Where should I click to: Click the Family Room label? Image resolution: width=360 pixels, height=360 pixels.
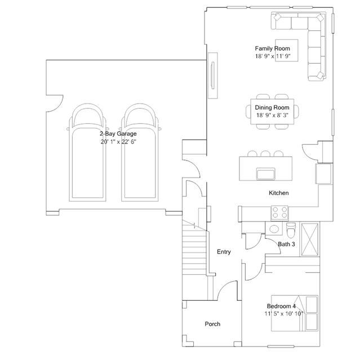tap(272, 48)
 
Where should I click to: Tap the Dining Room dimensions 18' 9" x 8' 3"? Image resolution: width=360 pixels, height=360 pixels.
tap(272, 115)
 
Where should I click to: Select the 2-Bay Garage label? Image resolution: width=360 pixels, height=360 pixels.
tap(118, 134)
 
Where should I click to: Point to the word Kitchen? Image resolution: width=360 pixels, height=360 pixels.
tap(279, 193)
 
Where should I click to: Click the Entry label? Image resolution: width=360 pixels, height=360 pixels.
tap(224, 252)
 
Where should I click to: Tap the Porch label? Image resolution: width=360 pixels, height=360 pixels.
tap(212, 324)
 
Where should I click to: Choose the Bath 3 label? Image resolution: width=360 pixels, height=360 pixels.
tap(286, 244)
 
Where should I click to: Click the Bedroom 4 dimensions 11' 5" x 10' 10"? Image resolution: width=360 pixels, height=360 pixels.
tap(284, 314)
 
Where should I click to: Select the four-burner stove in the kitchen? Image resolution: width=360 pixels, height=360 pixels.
tap(279, 212)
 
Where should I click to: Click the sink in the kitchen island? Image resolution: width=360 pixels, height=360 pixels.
tap(266, 174)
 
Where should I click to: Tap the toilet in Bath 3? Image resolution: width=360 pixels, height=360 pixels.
tap(291, 230)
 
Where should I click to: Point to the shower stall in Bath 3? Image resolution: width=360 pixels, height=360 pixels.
tap(310, 239)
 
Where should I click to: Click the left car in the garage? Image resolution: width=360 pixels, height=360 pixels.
tap(88, 153)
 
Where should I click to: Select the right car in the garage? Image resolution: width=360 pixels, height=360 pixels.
tap(140, 153)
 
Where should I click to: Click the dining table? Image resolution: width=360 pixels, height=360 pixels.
tap(272, 112)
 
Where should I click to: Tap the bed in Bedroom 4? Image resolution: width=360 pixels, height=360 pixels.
tap(295, 313)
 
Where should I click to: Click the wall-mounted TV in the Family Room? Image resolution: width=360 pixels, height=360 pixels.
tap(212, 75)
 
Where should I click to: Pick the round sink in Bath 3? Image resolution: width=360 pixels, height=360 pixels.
tap(274, 229)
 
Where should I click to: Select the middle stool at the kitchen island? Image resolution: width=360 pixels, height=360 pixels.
tap(265, 154)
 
